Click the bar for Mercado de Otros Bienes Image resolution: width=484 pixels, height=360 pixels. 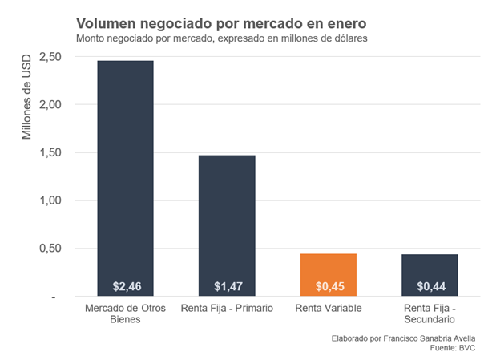click(x=126, y=176)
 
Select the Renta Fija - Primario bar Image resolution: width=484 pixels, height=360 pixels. click(x=227, y=224)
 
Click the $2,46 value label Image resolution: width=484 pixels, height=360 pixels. click(x=126, y=286)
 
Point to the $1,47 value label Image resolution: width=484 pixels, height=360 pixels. click(x=227, y=286)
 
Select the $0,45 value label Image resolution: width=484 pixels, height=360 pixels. click(x=328, y=286)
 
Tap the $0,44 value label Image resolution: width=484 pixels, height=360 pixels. click(x=430, y=286)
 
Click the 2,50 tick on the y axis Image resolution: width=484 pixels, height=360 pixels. click(x=50, y=57)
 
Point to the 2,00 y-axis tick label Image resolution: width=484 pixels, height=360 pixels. click(x=50, y=105)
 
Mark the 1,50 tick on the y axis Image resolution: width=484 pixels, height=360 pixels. click(x=50, y=152)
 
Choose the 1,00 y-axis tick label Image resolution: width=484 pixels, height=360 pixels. click(x=50, y=200)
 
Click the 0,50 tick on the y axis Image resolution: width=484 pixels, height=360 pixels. click(x=50, y=249)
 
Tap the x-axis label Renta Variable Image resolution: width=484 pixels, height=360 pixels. click(x=328, y=309)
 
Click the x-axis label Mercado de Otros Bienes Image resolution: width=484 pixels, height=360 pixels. click(x=126, y=313)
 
